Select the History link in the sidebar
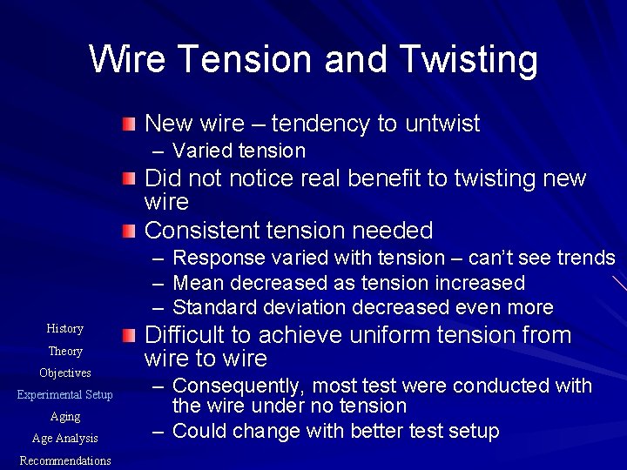coord(65,329)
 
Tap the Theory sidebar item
coord(65,352)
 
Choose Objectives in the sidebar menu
coord(65,373)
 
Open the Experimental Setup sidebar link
coord(65,395)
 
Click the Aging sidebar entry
coord(65,417)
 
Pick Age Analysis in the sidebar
coord(65,439)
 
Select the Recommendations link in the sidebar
coord(65,460)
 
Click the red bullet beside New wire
coord(129,124)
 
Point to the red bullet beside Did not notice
coord(129,179)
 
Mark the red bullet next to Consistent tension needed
coord(129,231)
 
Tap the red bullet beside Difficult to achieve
coord(129,335)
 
